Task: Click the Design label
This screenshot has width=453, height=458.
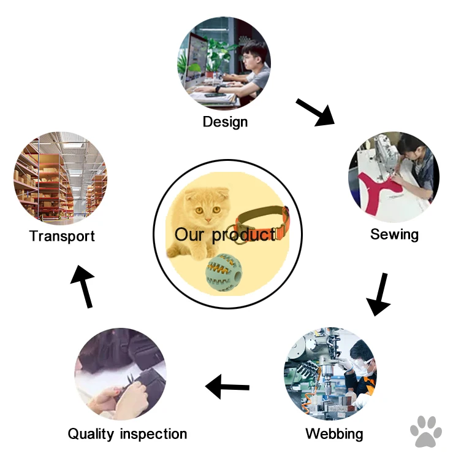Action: tap(225, 122)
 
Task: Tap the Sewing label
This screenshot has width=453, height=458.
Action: tap(394, 234)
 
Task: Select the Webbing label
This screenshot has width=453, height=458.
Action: tap(334, 434)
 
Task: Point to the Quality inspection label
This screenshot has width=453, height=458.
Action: tap(127, 434)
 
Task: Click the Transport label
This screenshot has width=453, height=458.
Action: tap(62, 236)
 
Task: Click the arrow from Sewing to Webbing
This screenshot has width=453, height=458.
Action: tap(379, 294)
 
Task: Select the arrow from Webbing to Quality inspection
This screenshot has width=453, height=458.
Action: tap(227, 387)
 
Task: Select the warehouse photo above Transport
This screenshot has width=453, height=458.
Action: tap(60, 178)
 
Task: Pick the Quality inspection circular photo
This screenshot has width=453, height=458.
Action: tap(120, 375)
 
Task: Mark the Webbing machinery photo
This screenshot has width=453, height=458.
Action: tap(330, 375)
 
